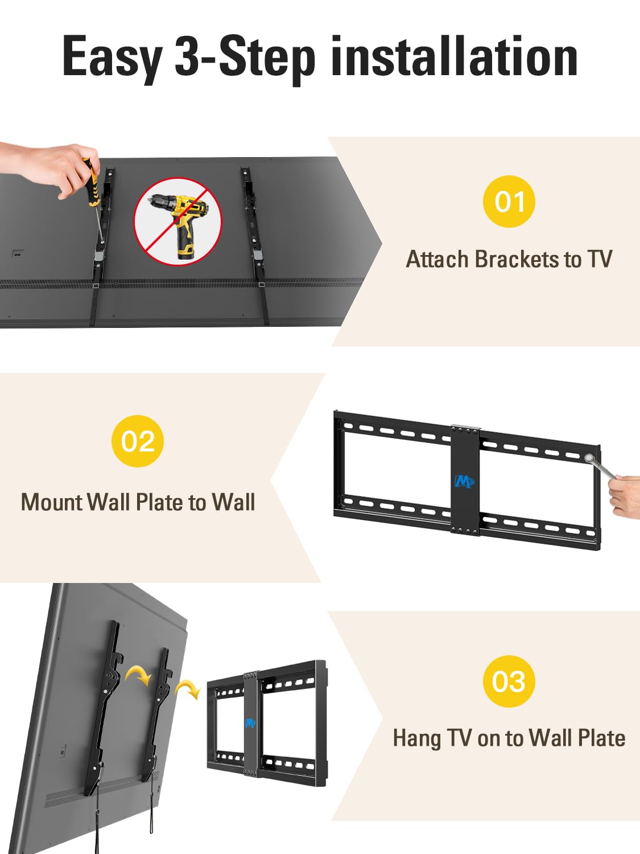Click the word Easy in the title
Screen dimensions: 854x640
tap(112, 58)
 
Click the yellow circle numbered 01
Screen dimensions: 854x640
tap(509, 202)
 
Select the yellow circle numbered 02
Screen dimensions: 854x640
tap(138, 441)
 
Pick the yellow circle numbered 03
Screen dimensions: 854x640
tap(509, 681)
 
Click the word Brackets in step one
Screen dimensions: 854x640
tap(517, 260)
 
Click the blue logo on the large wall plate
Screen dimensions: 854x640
tap(464, 482)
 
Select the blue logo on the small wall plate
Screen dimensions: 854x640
tap(250, 723)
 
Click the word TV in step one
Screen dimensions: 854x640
tap(600, 260)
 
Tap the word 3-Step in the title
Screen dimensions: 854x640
tap(245, 58)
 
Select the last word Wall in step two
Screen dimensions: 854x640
tap(233, 503)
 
